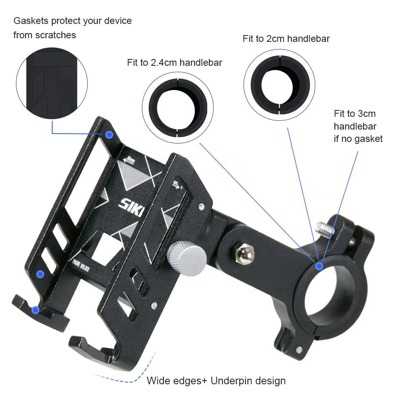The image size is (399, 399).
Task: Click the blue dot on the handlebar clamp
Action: (x=319, y=266)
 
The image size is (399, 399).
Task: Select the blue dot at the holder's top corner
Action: (x=110, y=135)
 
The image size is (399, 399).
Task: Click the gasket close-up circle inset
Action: (x=51, y=85)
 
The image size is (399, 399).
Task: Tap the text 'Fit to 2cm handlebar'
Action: (x=286, y=39)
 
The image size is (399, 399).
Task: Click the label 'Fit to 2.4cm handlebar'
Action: (x=175, y=63)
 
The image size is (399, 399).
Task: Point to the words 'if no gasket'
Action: (x=358, y=139)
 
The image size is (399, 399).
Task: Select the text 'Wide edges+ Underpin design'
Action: (x=216, y=381)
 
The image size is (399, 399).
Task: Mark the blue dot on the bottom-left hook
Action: (x=35, y=309)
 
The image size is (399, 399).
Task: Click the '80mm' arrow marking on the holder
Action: (x=129, y=160)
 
